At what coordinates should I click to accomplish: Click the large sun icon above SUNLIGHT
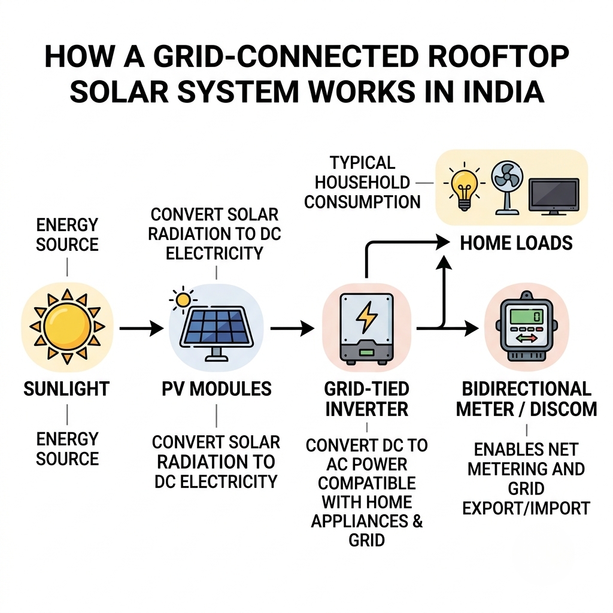point(67,327)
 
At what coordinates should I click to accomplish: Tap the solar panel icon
point(216,333)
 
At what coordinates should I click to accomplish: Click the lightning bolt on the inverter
point(366,317)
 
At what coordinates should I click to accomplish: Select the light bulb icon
point(464,186)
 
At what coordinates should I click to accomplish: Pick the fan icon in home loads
point(506,187)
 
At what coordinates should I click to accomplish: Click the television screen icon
point(554,196)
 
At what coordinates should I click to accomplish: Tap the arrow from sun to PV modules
point(141,329)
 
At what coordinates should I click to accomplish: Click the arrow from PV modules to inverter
point(292,329)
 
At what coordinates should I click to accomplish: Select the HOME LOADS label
point(516,243)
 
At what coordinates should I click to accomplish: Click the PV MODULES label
point(217,389)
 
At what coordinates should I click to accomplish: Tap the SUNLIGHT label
point(66,389)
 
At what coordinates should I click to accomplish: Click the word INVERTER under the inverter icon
point(367,409)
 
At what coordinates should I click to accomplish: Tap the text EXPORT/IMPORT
point(526,508)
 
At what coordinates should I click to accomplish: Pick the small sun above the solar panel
point(183,301)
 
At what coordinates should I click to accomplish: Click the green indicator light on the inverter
point(366,352)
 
